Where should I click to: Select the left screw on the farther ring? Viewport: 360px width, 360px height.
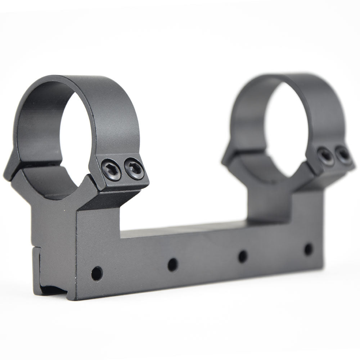325,156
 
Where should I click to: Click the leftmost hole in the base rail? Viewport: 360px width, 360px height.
96,273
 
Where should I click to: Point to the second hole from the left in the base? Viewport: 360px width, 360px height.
173,265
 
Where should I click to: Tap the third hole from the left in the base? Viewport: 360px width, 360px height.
243,256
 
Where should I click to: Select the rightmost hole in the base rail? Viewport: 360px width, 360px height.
308,249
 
